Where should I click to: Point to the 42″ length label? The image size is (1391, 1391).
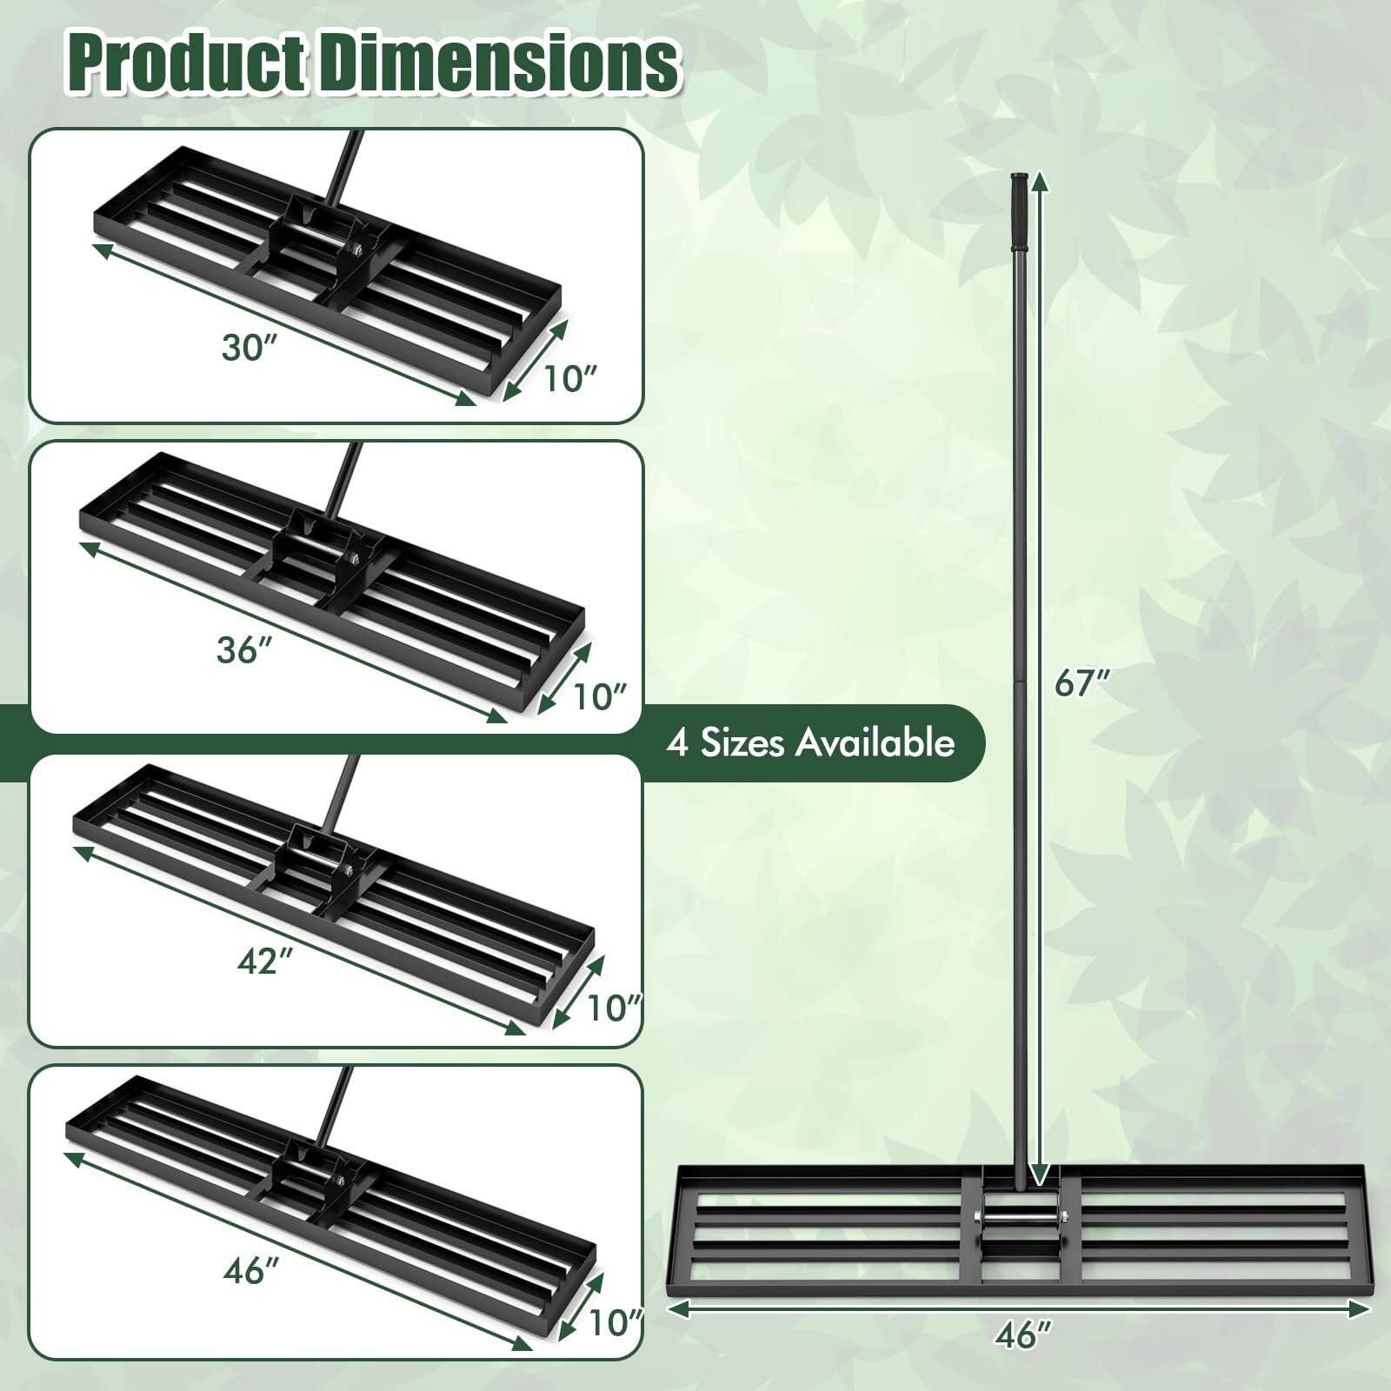pyautogui.click(x=263, y=962)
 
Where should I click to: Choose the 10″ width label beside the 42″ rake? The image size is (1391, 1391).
pyautogui.click(x=613, y=1008)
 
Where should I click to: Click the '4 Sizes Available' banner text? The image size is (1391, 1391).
pyautogui.click(x=810, y=743)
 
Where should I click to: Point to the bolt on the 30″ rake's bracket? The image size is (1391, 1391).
pyautogui.click(x=356, y=252)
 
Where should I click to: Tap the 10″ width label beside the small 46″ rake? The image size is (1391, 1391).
pyautogui.click(x=614, y=1323)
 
